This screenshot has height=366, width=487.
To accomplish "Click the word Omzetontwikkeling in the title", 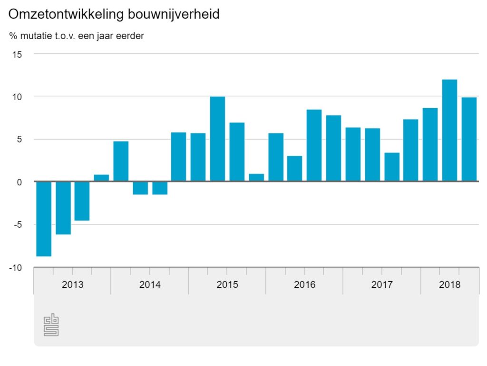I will (67, 15).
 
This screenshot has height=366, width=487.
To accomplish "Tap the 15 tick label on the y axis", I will (17, 54).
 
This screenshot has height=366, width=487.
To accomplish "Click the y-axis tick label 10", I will (17, 97).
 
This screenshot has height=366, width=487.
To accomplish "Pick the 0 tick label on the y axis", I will (19, 182).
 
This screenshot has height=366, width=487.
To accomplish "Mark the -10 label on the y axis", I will (16, 268).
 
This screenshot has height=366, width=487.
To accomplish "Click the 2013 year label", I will (72, 285).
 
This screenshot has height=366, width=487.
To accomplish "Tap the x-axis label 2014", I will (150, 285).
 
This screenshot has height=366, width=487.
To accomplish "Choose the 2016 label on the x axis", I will (304, 285).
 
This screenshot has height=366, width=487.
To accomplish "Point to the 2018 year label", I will (449, 285).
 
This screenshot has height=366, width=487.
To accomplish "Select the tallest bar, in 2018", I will (449, 131).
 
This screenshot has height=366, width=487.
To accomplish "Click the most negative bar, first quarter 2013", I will (44, 219).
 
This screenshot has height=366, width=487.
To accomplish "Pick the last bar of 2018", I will (469, 139).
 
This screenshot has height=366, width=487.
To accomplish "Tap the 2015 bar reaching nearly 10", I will (217, 139).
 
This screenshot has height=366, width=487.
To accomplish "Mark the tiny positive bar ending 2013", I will (101, 178).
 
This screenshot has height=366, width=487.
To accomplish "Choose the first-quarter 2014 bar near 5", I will (121, 162).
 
